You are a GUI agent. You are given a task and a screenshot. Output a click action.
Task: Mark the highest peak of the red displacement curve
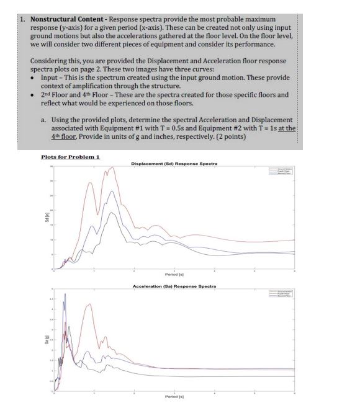pyautogui.click(x=112, y=167)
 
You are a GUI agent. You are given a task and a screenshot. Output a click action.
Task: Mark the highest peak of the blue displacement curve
pyautogui.click(x=112, y=192)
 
